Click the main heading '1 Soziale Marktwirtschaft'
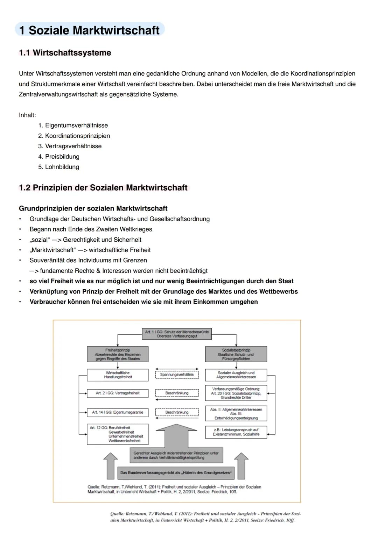(x=90, y=30)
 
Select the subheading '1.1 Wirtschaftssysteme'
(x=65, y=53)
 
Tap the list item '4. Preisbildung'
(x=59, y=157)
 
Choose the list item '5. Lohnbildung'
(x=59, y=167)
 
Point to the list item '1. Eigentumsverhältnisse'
(x=73, y=126)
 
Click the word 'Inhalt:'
(x=27, y=115)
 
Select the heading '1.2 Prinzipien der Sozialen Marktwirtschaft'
(x=103, y=188)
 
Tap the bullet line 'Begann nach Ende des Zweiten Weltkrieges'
(x=91, y=229)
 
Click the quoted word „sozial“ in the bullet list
(x=39, y=240)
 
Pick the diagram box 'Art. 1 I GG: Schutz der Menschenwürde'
(x=177, y=334)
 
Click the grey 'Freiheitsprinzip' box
(x=118, y=354)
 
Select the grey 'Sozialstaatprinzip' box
(x=236, y=354)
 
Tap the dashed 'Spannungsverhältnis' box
(x=177, y=375)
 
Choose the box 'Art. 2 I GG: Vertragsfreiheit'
(x=118, y=393)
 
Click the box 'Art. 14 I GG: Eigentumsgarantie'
(x=118, y=413)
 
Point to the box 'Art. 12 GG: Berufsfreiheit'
(x=118, y=434)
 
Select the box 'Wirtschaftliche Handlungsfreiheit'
(x=118, y=375)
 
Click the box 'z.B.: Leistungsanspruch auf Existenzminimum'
(x=236, y=432)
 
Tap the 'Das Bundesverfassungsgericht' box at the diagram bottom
(x=176, y=473)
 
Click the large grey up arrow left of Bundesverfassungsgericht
(x=111, y=465)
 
